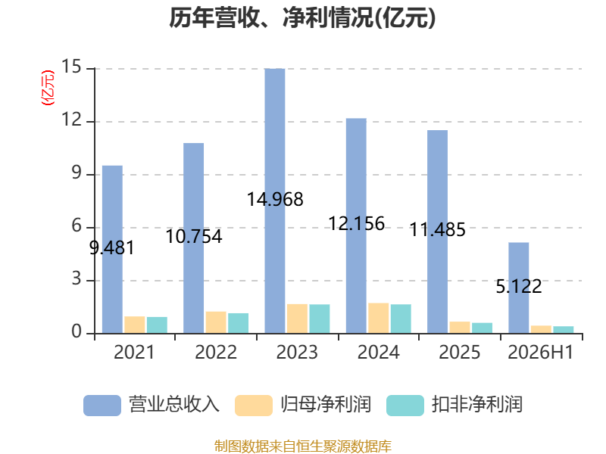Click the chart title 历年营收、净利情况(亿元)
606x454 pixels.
click(302, 17)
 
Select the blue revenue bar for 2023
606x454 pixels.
click(275, 201)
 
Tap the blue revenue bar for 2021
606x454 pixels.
click(112, 250)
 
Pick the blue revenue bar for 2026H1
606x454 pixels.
click(519, 288)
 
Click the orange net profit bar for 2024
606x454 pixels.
click(378, 318)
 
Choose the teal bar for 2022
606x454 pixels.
click(238, 323)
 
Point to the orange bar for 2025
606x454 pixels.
click(460, 328)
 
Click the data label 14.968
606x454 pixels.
click(275, 200)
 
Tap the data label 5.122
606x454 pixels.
click(519, 287)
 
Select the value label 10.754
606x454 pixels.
click(194, 236)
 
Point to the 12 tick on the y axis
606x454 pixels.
click(72, 120)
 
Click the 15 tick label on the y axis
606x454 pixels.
click(72, 67)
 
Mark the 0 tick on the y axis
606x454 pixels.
click(77, 332)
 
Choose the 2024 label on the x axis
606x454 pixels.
click(378, 352)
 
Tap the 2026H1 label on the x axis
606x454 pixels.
click(540, 352)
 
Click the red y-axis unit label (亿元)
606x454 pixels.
click(48, 88)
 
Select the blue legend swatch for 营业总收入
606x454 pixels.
click(102, 406)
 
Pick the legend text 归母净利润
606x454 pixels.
click(326, 405)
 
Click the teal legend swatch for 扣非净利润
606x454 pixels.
click(405, 406)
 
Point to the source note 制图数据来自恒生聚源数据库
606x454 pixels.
click(303, 446)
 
